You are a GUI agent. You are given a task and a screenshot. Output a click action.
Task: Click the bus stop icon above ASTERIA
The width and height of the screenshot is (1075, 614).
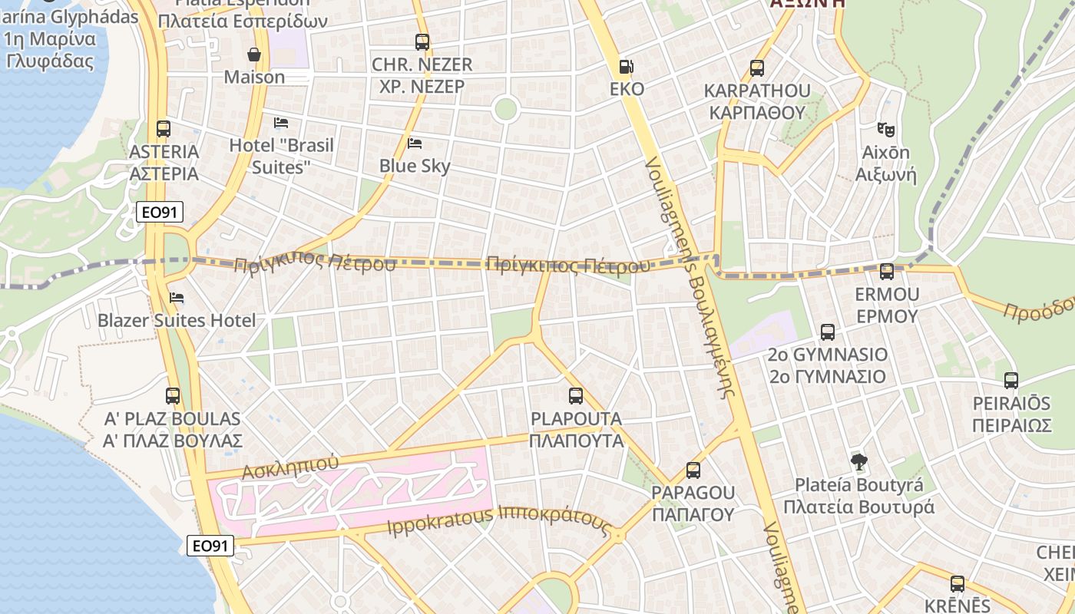163,129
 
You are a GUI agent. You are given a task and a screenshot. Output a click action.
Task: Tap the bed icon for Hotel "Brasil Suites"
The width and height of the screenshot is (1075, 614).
281,123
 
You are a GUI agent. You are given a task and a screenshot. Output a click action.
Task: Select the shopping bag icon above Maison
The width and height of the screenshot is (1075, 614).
254,54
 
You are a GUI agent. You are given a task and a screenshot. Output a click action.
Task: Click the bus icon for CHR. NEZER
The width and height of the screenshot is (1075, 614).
422,42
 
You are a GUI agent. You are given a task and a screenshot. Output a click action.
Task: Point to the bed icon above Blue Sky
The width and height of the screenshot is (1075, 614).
415,144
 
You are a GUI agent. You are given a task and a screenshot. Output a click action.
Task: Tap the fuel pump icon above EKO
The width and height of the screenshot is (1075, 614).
627,67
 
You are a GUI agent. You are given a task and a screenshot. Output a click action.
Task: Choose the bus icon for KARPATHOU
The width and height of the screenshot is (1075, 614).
757,68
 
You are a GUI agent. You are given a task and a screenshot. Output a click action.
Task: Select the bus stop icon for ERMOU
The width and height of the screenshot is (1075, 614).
887,272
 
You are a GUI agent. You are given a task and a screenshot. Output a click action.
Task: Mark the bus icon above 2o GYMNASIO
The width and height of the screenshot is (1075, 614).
827,332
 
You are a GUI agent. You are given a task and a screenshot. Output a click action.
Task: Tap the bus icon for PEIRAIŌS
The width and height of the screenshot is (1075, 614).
1011,381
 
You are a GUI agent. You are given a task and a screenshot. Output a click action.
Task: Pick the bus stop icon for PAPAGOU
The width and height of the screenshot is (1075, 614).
693,470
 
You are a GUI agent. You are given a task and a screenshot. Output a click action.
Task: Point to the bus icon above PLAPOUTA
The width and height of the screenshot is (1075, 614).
576,396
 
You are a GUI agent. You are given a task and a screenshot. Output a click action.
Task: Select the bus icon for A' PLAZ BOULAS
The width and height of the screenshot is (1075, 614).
173,396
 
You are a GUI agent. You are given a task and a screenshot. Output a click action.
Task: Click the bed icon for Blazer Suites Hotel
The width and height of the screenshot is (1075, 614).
177,298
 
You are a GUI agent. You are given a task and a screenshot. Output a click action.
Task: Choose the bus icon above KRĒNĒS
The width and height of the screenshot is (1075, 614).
957,584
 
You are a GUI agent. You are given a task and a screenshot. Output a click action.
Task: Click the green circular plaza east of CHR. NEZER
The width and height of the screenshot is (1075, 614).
505,108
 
